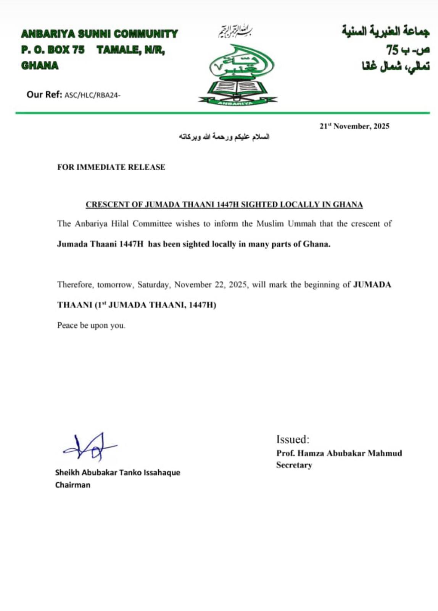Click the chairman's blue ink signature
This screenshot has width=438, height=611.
pos(90,446)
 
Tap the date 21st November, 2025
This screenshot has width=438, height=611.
pos(354,126)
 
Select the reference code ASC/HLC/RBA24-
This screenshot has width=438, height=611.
pos(92,95)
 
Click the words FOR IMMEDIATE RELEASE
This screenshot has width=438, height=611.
pos(111,167)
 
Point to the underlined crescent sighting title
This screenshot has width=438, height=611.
pos(224,205)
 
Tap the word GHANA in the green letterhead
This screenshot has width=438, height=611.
pos(40,66)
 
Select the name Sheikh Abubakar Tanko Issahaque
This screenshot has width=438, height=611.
pos(118,472)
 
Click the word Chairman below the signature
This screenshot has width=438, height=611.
pos(72,485)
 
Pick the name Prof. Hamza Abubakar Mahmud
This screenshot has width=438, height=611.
pos(339,453)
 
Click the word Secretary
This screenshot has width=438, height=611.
pos(294,465)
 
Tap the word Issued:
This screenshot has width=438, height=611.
pos(293,440)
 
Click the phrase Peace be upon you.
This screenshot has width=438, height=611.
pos(91,325)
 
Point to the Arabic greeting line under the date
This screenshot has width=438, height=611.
pos(224,137)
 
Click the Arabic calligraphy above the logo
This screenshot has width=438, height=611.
pos(235,32)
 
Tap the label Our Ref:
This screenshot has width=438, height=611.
pos(44,95)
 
